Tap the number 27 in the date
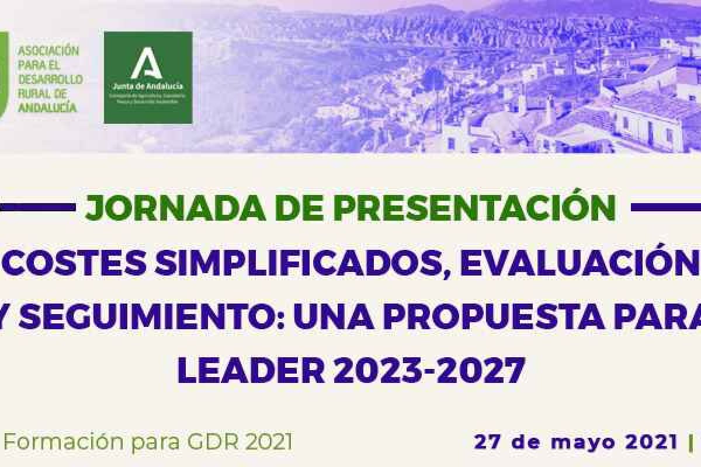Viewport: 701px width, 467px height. tap(486, 442)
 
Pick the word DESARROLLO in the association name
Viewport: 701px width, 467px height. tap(50, 79)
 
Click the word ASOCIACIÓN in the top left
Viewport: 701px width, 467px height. tap(48, 51)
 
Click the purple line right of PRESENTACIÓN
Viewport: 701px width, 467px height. tap(666, 207)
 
